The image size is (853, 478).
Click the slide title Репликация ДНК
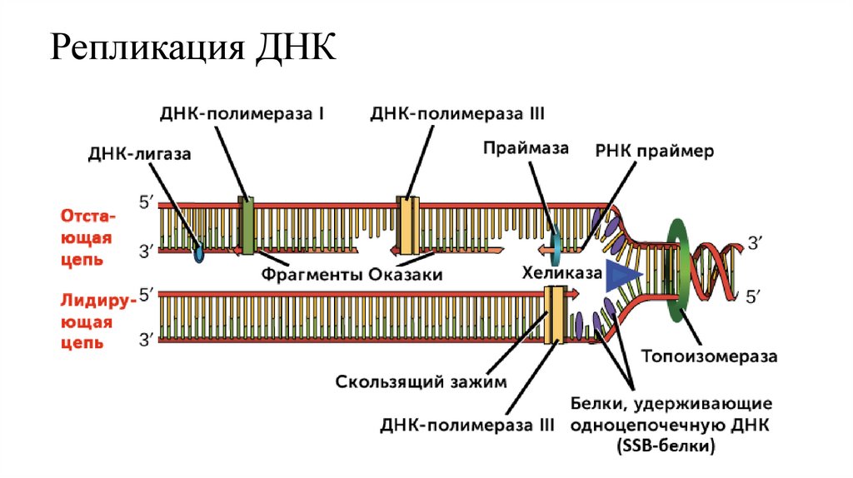[x=193, y=50]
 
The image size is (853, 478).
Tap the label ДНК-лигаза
[x=139, y=154]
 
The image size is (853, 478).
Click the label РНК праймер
[x=655, y=153]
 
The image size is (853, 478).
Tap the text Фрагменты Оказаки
[x=351, y=274]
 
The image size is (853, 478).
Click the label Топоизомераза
[x=709, y=356]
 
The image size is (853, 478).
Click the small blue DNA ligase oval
[x=198, y=252]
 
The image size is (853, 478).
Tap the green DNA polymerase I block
[x=247, y=225]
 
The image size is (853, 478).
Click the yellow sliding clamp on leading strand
[x=553, y=314]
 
